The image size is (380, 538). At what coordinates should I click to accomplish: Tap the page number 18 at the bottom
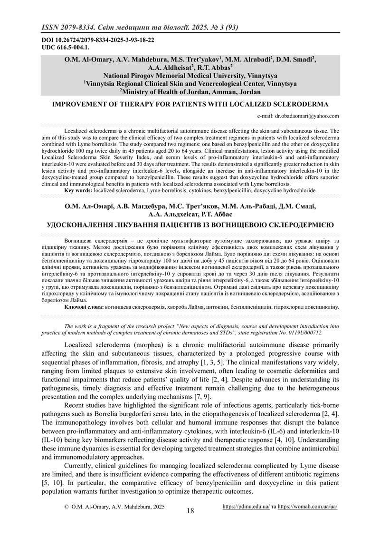tap(190, 511)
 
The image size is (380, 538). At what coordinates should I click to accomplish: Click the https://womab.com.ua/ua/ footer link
tap(308, 507)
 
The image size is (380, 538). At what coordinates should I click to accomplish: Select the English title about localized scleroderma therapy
tap(190, 104)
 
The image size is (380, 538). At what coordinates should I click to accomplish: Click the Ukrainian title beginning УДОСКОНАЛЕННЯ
tap(190, 224)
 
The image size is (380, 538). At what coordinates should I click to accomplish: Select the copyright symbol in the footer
tap(66, 508)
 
